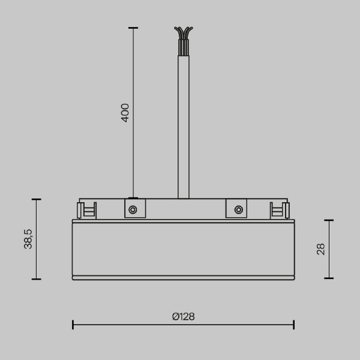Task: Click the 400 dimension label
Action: (125, 113)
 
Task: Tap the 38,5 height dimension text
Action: (28, 239)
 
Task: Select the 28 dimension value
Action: (321, 249)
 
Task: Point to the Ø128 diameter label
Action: (184, 317)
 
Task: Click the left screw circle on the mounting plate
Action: (133, 209)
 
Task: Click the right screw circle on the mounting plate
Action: (239, 209)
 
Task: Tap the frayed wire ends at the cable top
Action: (184, 33)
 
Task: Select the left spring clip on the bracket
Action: (86, 211)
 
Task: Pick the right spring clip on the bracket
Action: (280, 211)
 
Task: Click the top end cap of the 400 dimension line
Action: (133, 28)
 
